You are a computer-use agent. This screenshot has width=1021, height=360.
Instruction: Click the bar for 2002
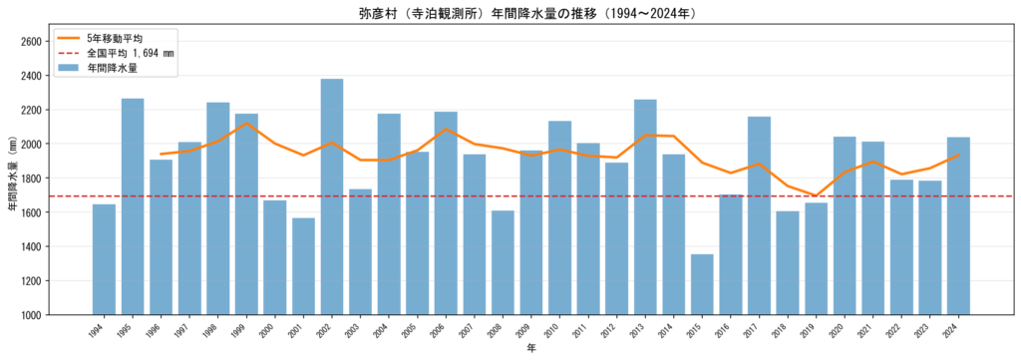[332, 196]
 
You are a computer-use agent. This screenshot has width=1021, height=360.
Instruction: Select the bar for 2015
[702, 284]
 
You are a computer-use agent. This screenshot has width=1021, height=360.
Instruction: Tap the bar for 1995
[133, 206]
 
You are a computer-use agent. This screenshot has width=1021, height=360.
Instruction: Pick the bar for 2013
[645, 207]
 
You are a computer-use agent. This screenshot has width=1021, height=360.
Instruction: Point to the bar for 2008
[503, 262]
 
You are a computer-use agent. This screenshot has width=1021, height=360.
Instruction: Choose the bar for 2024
[958, 226]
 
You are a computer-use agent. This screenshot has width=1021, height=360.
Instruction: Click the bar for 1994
[104, 259]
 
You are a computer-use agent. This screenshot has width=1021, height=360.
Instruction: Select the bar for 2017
[759, 215]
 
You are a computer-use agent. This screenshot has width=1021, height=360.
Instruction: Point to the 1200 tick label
[32, 281]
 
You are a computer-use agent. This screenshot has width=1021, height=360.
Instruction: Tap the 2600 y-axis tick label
[32, 41]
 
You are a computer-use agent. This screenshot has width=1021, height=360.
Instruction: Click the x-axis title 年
[531, 349]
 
